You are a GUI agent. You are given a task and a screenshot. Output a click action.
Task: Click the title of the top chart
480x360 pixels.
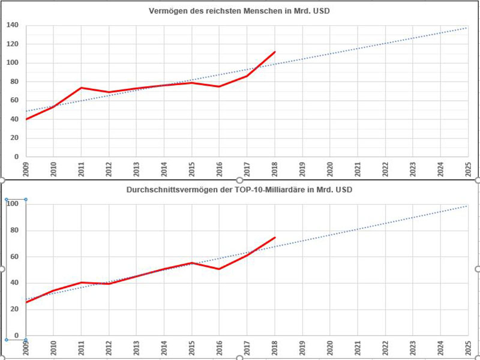tap(240, 11)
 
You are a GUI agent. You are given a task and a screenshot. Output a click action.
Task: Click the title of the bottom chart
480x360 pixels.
tap(240, 190)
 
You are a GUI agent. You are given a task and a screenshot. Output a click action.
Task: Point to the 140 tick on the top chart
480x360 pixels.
tap(13, 25)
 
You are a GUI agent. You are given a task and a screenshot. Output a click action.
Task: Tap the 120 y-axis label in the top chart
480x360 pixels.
tap(13, 44)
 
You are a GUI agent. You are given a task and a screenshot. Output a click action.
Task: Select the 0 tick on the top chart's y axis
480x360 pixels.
tap(17, 156)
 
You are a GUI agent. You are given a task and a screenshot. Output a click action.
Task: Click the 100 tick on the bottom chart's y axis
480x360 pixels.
tap(13, 204)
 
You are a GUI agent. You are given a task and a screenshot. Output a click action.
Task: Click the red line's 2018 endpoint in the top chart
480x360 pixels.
tap(275, 52)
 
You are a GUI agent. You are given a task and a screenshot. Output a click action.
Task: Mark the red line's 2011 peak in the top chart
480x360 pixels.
tap(81, 88)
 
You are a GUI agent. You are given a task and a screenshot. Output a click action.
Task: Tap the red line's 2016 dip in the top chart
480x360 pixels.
tap(219, 86)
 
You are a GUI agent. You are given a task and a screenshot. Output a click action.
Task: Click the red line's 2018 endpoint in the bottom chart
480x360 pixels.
tap(275, 238)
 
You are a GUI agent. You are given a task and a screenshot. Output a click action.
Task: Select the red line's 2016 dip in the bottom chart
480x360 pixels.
tap(219, 269)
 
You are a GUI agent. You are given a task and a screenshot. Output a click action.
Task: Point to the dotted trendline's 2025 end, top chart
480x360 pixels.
tap(467, 28)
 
